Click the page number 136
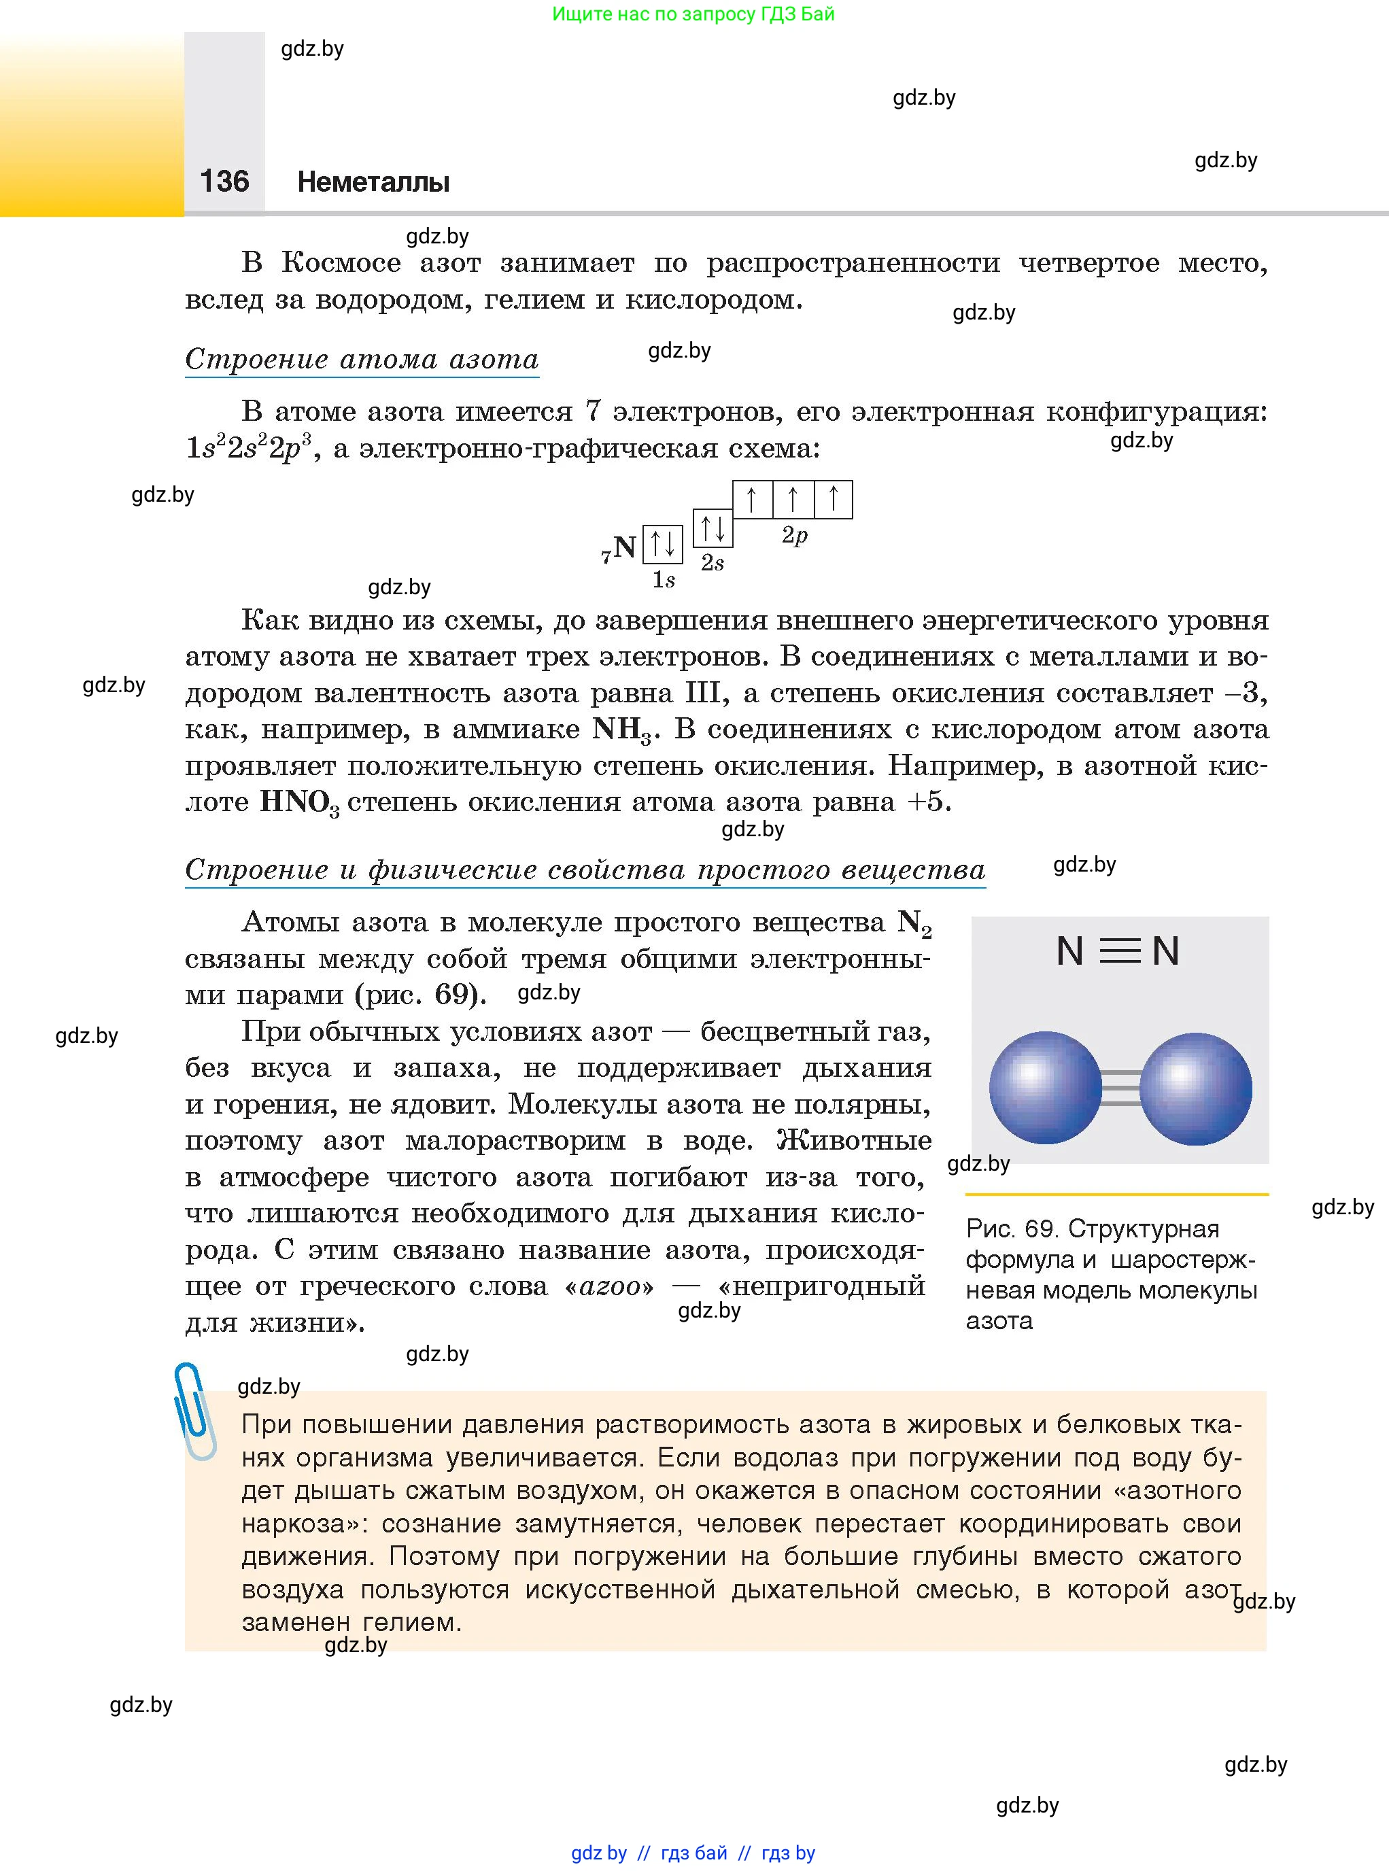tap(224, 181)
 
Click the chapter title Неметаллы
tap(373, 182)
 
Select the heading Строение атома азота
tap(362, 359)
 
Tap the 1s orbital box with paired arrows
tap(663, 544)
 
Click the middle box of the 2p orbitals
tap(793, 500)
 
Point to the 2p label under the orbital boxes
tap(795, 536)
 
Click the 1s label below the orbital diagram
tap(664, 579)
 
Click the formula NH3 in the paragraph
tap(622, 730)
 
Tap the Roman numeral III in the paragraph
tap(703, 693)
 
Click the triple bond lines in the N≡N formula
tap(1119, 951)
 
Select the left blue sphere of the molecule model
tap(1045, 1087)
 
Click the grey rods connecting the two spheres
tap(1120, 1088)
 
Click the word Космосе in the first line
tap(341, 263)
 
